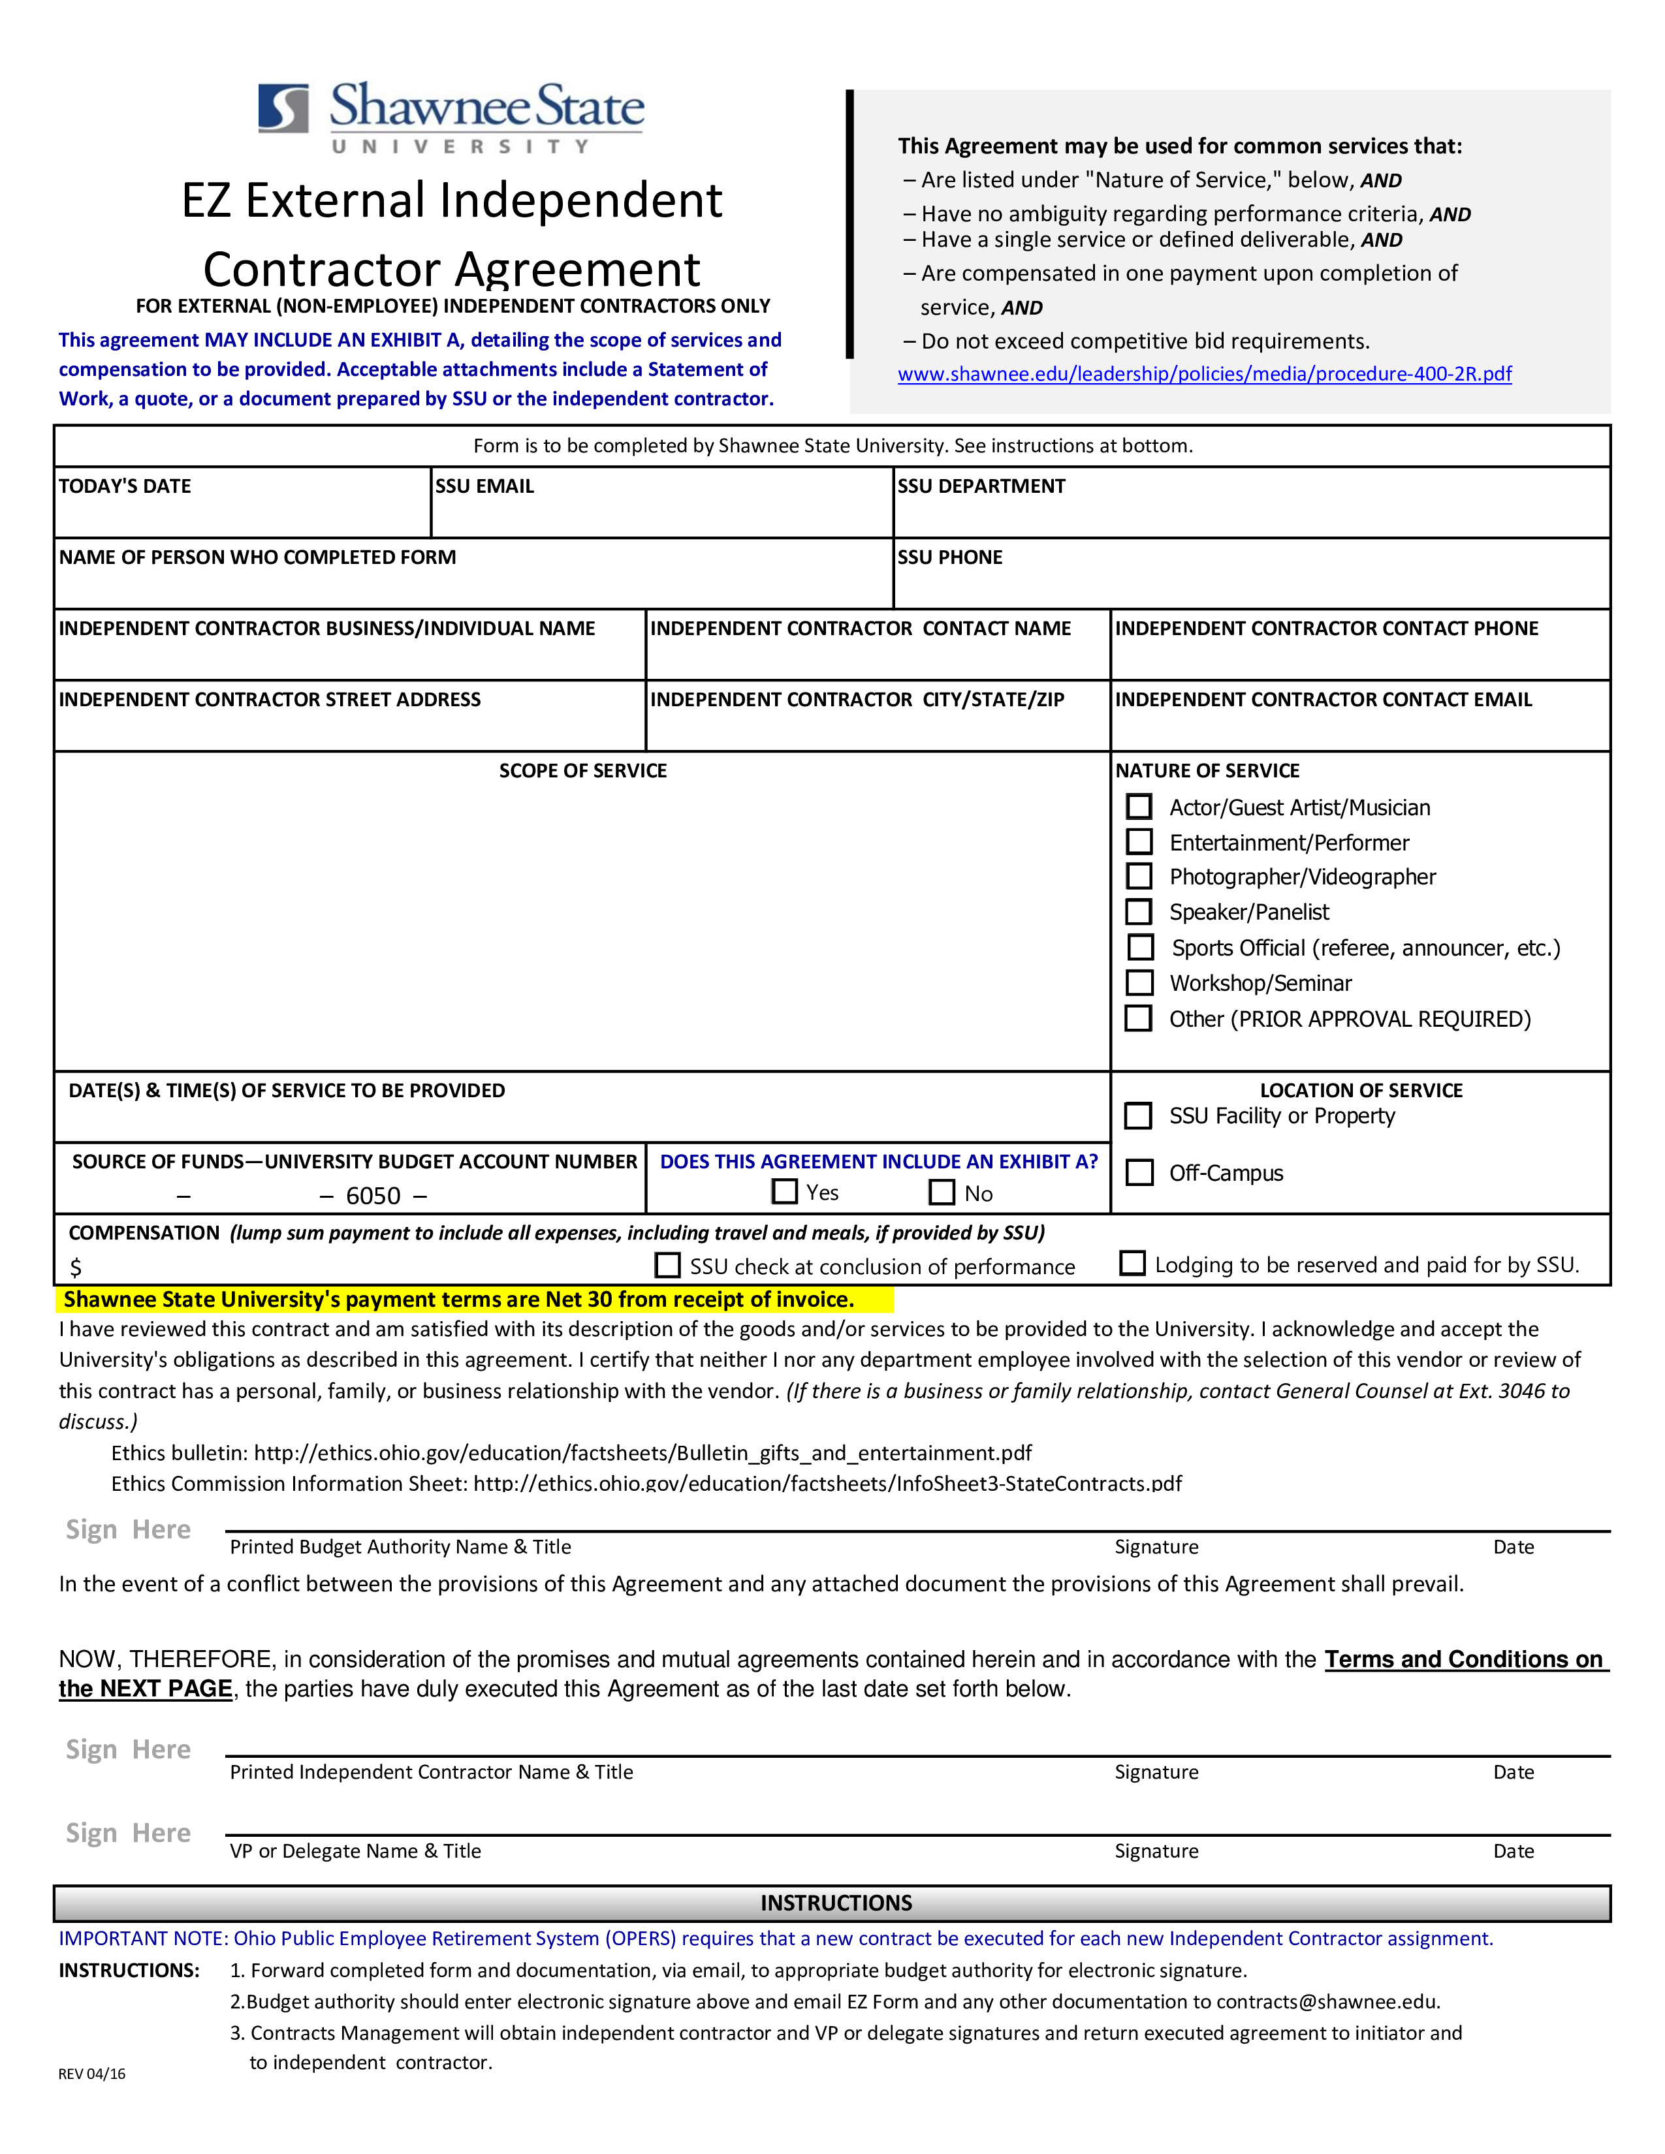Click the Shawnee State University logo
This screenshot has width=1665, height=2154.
pyautogui.click(x=451, y=118)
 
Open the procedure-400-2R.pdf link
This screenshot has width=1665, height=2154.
pyautogui.click(x=1205, y=374)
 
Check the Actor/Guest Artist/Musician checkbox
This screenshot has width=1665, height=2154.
pyautogui.click(x=1139, y=807)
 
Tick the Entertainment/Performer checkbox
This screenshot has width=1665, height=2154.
pyautogui.click(x=1139, y=841)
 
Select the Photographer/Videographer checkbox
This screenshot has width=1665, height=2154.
pyautogui.click(x=1139, y=876)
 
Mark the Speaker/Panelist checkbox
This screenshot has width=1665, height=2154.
pyautogui.click(x=1139, y=911)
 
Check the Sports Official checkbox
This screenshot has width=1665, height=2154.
pyautogui.click(x=1141, y=947)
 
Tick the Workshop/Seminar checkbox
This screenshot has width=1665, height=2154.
pyautogui.click(x=1139, y=982)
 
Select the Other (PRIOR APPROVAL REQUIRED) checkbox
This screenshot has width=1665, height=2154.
pyautogui.click(x=1139, y=1018)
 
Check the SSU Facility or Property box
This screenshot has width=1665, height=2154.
pyautogui.click(x=1139, y=1116)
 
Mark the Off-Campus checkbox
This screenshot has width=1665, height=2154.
pyautogui.click(x=1139, y=1172)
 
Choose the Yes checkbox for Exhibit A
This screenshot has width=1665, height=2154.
pyautogui.click(x=785, y=1191)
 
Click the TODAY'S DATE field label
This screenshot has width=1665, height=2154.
pyautogui.click(x=125, y=486)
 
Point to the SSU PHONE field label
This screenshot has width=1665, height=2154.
pyautogui.click(x=950, y=557)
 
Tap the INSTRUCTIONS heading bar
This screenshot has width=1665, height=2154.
pyautogui.click(x=832, y=1903)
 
